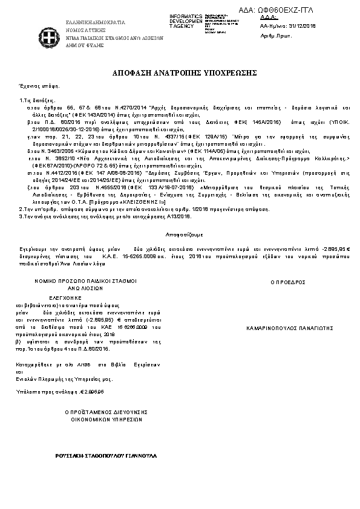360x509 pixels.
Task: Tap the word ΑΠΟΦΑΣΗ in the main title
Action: pyautogui.click(x=131, y=73)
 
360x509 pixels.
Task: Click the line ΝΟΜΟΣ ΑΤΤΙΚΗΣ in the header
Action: pyautogui.click(x=86, y=29)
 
